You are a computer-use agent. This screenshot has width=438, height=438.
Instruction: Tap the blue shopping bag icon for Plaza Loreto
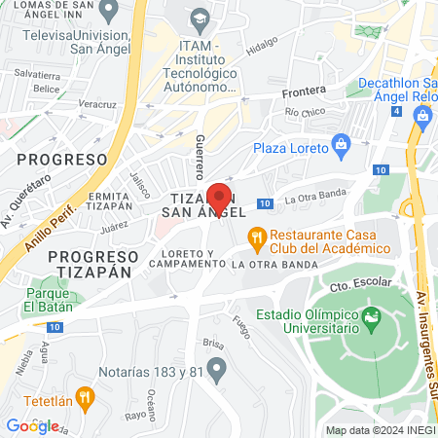(341, 148)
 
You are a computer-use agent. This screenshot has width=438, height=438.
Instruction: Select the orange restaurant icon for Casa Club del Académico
(256, 235)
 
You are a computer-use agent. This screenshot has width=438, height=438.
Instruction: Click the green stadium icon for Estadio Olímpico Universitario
(370, 318)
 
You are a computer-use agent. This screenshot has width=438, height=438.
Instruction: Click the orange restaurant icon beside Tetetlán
(86, 396)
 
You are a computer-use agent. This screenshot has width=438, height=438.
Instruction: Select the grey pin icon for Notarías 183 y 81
(217, 367)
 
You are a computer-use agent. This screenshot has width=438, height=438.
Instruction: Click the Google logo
(32, 425)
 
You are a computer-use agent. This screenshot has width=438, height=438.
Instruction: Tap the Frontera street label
(302, 93)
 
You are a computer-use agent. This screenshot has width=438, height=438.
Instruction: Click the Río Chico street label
(304, 113)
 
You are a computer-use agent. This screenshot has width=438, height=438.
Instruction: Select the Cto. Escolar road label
(360, 284)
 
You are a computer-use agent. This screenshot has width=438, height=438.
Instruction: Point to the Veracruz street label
(97, 103)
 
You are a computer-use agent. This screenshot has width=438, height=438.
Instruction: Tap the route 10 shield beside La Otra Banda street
(264, 203)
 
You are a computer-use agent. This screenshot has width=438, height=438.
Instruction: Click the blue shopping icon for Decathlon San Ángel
(422, 117)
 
